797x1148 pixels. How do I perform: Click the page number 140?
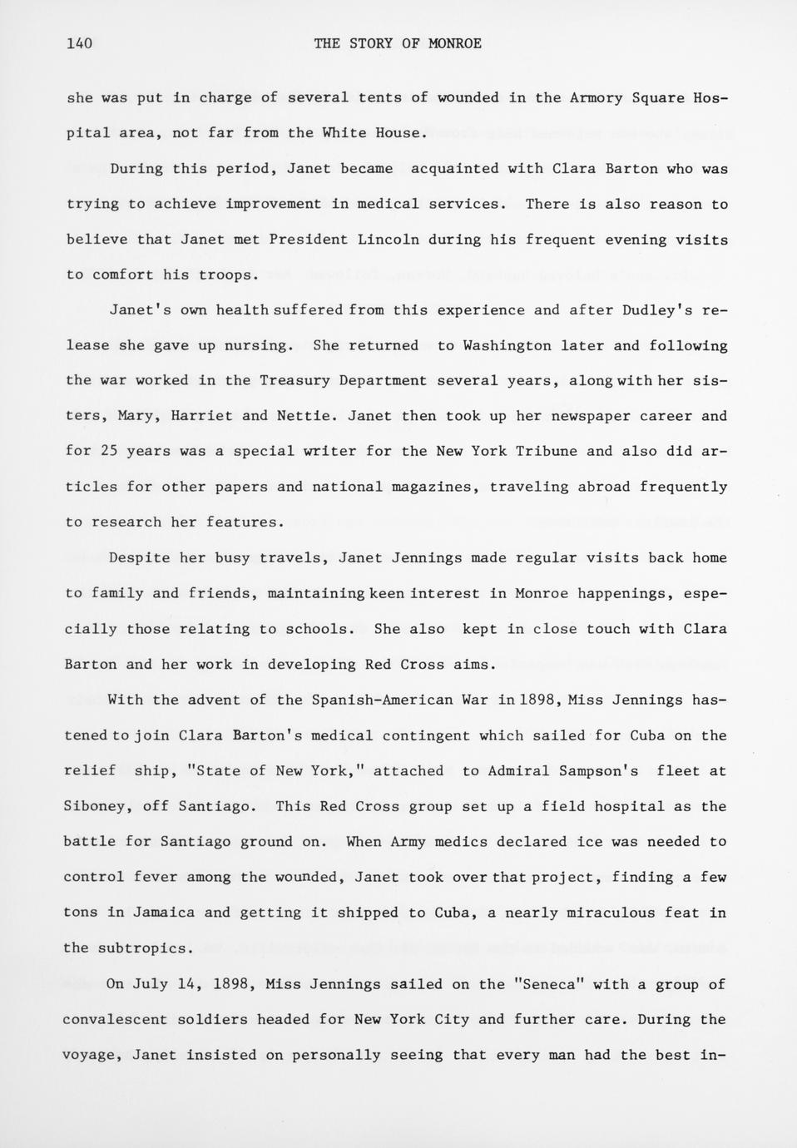[79, 44]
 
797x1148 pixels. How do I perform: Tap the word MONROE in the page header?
[454, 44]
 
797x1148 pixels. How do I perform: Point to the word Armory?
[596, 98]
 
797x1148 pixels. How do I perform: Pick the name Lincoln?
[389, 240]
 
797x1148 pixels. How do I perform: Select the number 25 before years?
[109, 452]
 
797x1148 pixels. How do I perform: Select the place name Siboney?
[95, 807]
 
